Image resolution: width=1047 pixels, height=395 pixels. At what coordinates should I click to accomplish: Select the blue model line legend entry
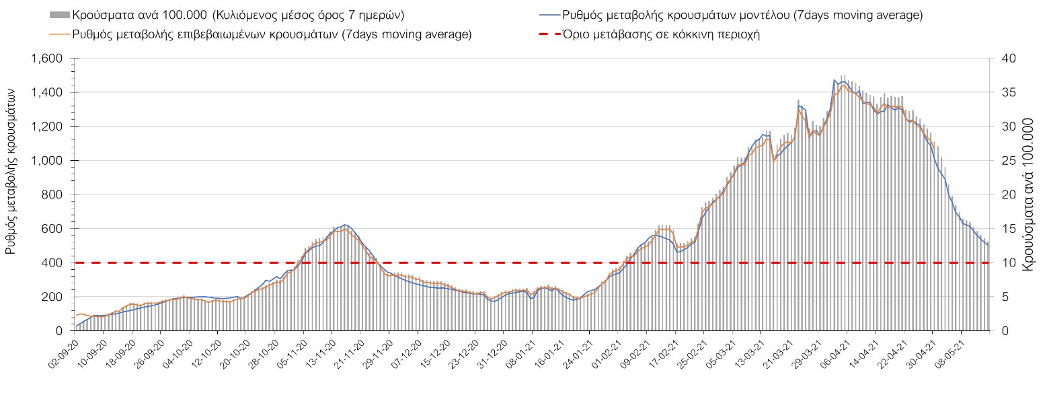click(730, 15)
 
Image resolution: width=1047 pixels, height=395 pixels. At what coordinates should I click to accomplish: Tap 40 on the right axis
click(1003, 59)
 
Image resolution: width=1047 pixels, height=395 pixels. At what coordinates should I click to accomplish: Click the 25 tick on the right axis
click(1003, 161)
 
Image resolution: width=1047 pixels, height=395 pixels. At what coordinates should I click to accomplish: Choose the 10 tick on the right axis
click(1003, 263)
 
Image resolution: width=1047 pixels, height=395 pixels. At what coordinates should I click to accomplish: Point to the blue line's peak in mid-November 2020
click(345, 225)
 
